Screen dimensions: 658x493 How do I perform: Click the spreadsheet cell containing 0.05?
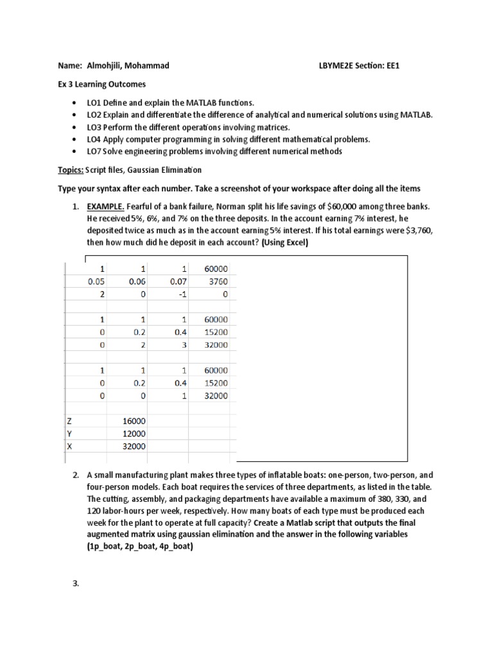click(x=96, y=281)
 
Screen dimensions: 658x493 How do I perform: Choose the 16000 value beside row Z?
click(x=135, y=421)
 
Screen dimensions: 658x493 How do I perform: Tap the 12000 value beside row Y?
click(x=135, y=434)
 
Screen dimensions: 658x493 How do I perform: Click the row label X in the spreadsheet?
click(x=69, y=446)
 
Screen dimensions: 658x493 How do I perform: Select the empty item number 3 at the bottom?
click(x=76, y=583)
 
